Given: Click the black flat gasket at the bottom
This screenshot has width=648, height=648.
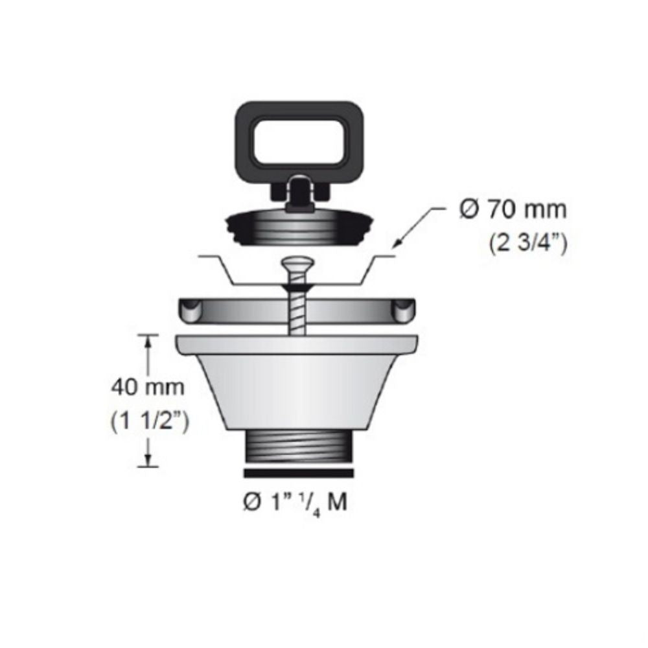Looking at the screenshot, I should tap(298, 473).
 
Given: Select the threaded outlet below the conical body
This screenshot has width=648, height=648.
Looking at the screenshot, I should tap(298, 447).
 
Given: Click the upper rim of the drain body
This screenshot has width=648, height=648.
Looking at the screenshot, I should tap(298, 344).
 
